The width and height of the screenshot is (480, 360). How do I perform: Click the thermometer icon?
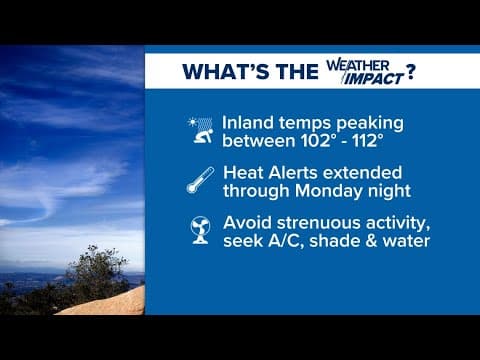click(x=200, y=180)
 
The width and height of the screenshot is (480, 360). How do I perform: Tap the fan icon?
click(x=200, y=230)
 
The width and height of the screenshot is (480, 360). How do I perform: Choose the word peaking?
click(x=352, y=122)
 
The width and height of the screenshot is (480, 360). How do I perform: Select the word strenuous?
click(x=329, y=220)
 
